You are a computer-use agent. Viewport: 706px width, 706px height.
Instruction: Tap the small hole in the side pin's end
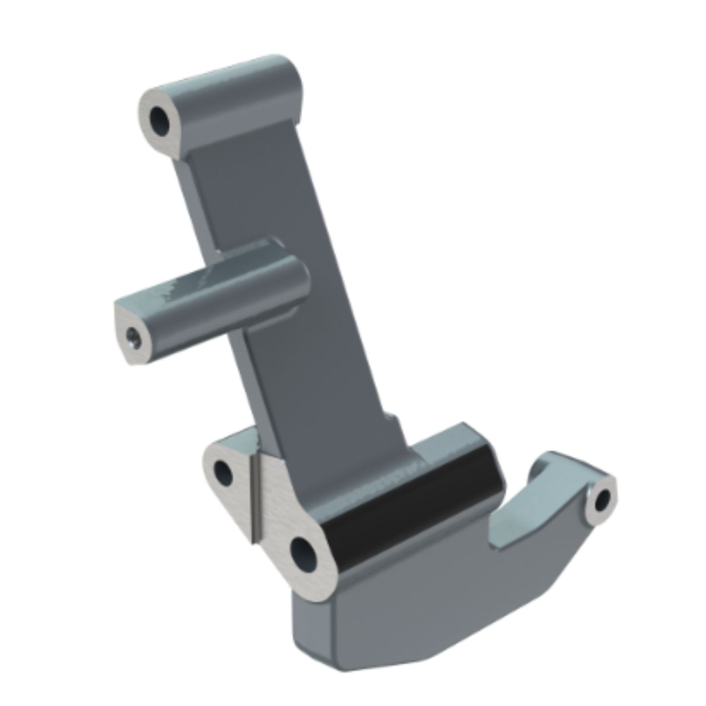click(x=133, y=337)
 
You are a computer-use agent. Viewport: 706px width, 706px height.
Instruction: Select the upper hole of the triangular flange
click(x=223, y=472)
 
